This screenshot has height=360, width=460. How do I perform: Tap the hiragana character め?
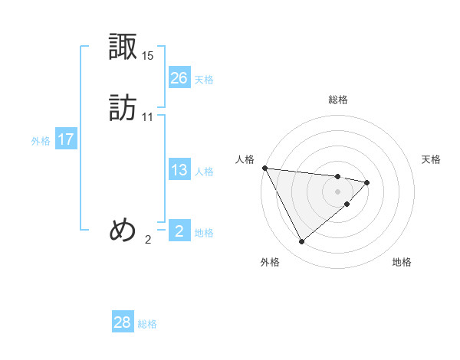(x=123, y=230)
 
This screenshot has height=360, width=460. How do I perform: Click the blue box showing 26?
(x=179, y=77)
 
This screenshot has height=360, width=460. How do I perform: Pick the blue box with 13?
(x=179, y=170)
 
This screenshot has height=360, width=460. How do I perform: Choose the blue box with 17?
(x=66, y=139)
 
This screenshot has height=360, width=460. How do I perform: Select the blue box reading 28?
(x=123, y=322)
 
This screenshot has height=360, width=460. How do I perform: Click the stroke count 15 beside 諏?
(x=148, y=56)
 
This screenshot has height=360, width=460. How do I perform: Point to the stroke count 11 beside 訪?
(x=148, y=117)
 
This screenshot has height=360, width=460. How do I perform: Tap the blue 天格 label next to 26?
(x=204, y=80)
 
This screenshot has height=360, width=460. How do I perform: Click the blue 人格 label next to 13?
(x=204, y=172)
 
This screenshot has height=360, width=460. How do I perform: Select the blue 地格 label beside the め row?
(x=204, y=233)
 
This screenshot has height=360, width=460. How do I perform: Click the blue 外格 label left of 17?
(x=41, y=141)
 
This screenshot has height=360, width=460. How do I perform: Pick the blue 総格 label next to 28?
(x=147, y=324)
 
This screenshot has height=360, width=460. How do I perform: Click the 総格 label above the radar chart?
(x=338, y=100)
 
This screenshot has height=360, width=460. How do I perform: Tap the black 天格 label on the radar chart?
(x=432, y=159)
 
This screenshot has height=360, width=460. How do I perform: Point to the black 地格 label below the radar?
(x=402, y=262)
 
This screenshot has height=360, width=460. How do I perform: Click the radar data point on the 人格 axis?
(x=264, y=168)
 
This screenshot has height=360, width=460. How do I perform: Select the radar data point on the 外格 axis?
(x=301, y=241)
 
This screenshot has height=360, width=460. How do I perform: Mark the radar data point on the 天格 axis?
(x=367, y=182)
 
